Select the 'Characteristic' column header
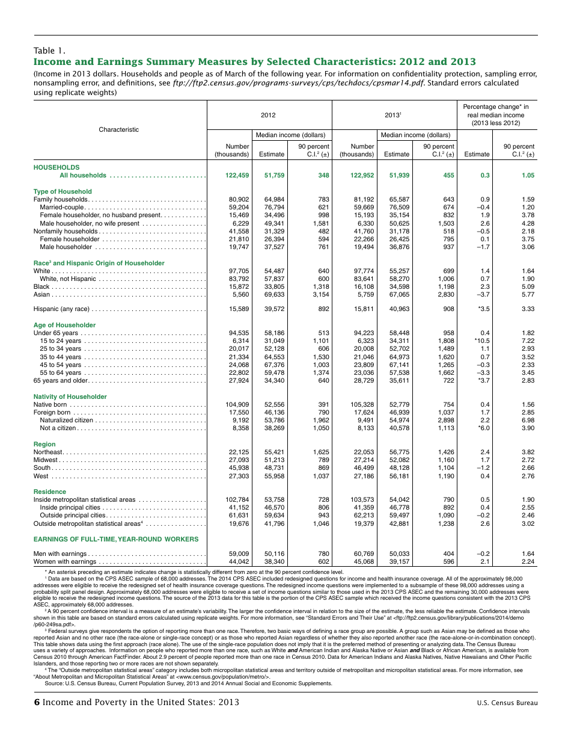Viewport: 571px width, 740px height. tap(118, 129)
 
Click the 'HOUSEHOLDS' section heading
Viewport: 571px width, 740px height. tap(56, 167)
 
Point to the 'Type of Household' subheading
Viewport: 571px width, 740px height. tap(63, 191)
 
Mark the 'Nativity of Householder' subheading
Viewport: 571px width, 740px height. tap(70, 396)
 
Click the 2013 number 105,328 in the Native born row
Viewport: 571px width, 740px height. tap(361, 405)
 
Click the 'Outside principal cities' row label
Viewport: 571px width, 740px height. tap(73, 515)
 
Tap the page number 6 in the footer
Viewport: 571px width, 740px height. tap(37, 702)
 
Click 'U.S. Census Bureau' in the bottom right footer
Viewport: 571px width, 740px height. tap(507, 703)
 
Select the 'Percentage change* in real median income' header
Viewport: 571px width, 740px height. tap(495, 115)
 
